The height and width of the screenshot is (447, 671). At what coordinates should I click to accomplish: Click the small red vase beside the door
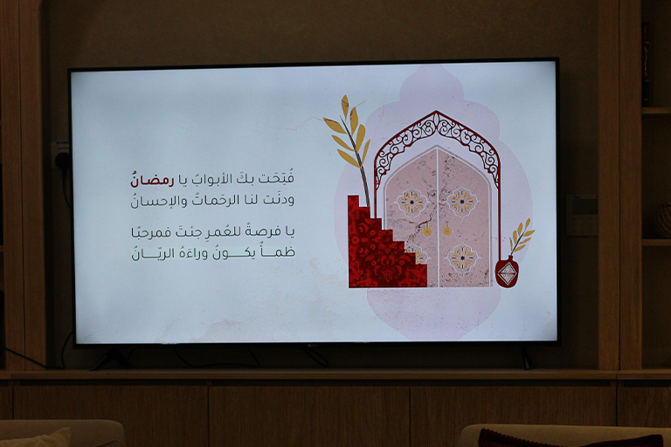tap(507, 272)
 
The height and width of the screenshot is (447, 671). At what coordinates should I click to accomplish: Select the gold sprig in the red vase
tap(521, 237)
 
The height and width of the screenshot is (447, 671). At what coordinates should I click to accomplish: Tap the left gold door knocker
tap(427, 230)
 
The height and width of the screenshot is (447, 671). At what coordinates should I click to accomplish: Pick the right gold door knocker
tap(447, 230)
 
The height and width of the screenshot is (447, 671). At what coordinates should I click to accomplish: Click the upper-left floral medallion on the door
tap(412, 202)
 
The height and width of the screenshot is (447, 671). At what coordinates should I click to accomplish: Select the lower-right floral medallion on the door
tap(462, 258)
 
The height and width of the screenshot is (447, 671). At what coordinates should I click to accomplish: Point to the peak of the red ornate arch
tap(436, 112)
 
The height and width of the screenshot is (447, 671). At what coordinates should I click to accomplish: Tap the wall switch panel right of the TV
tap(582, 215)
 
